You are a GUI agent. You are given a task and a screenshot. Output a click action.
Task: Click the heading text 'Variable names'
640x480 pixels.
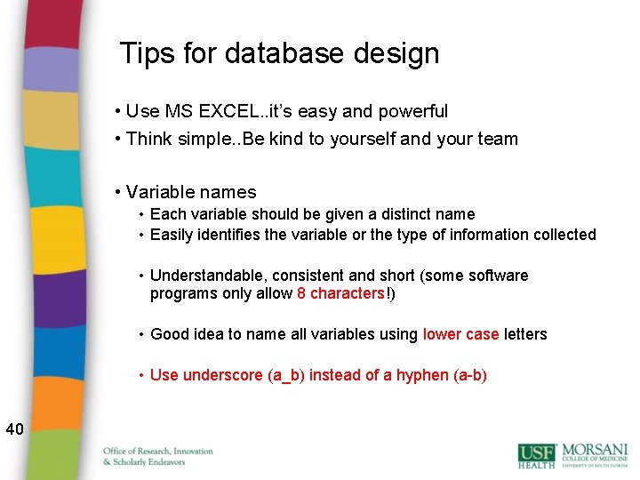191,192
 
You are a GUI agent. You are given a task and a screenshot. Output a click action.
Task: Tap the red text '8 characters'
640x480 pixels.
340,293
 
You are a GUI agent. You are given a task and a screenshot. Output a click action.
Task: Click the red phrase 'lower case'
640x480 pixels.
460,334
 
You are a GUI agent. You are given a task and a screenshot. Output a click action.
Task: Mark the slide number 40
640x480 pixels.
14,430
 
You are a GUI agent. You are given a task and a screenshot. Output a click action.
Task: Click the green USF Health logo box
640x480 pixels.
537,454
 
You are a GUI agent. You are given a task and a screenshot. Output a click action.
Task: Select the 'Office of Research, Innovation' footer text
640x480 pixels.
158,452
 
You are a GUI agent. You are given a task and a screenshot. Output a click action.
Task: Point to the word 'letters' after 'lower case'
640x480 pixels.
525,334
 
